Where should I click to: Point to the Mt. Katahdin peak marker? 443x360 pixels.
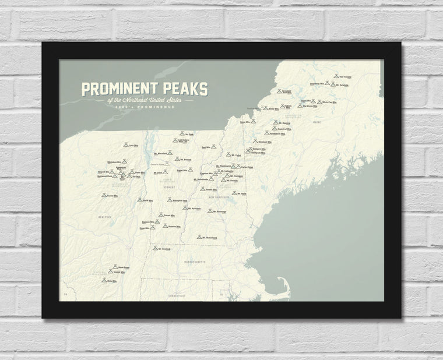click(x=333, y=84)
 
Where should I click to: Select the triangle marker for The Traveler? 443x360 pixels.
click(x=336, y=76)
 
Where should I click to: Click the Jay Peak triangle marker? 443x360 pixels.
click(x=182, y=133)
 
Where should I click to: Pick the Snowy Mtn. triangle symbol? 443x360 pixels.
click(x=104, y=195)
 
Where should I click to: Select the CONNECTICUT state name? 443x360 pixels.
click(x=178, y=295)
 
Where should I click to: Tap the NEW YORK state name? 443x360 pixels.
click(x=105, y=216)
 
